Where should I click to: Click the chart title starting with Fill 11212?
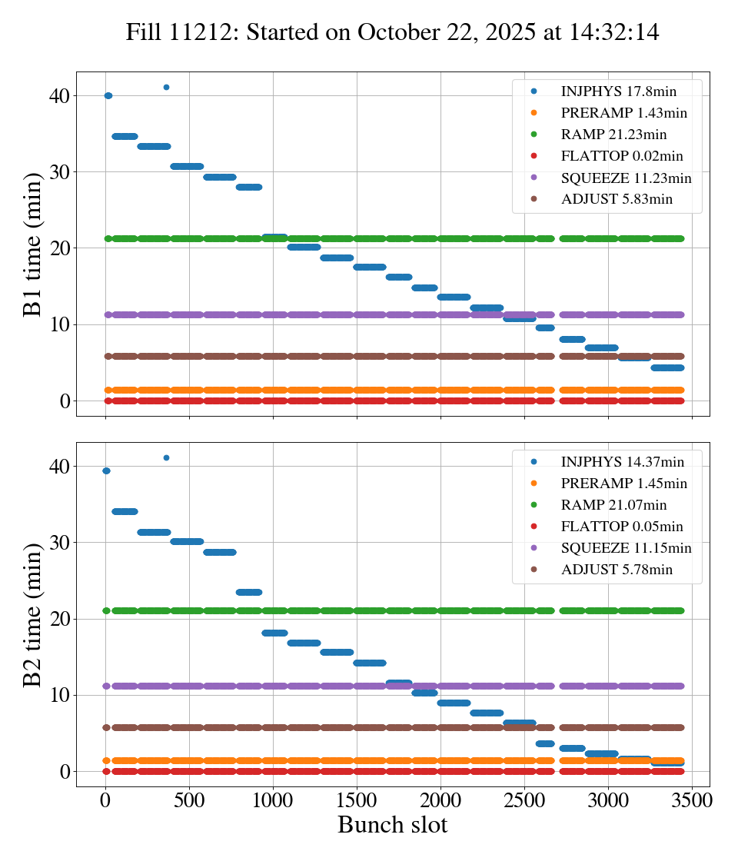(392, 32)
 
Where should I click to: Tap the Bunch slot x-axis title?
(392, 826)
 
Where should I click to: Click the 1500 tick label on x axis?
(357, 799)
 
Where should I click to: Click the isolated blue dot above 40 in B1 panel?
(166, 87)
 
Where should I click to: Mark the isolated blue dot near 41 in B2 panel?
(166, 457)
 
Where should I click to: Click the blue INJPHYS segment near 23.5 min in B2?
(248, 592)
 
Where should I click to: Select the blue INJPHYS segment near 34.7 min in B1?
(125, 136)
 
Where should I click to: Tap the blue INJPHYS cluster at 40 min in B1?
(108, 95)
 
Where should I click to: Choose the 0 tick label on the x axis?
(105, 799)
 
